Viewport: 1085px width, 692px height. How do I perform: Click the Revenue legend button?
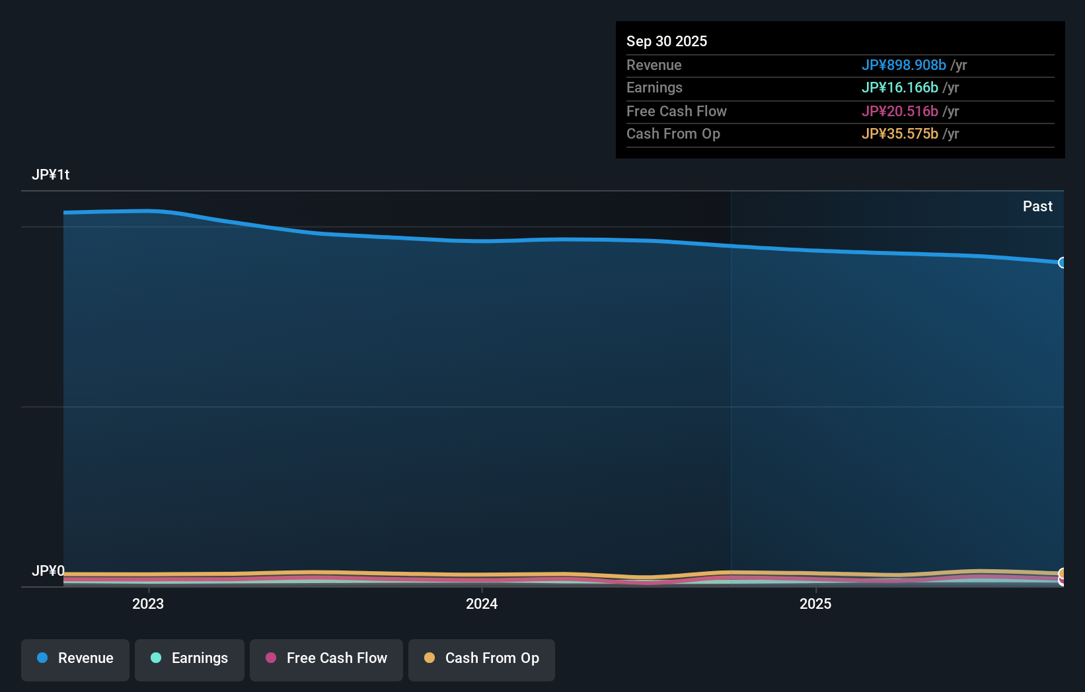point(75,659)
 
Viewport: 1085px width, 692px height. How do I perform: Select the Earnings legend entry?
point(190,659)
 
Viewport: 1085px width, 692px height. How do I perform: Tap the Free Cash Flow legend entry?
point(326,659)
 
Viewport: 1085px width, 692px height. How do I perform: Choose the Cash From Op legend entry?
point(482,659)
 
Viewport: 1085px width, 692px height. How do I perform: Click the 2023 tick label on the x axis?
point(148,604)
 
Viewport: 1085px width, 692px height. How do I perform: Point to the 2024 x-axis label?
point(482,604)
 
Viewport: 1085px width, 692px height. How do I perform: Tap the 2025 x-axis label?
point(815,604)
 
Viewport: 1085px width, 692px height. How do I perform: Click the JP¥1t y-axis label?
point(51,175)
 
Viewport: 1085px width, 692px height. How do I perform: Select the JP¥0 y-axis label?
point(48,571)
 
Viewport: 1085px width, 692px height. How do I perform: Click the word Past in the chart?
point(1037,207)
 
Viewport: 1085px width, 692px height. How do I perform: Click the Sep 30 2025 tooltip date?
point(667,42)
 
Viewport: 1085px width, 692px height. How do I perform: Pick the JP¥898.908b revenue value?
point(903,65)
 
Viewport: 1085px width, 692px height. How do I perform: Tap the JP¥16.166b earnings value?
point(899,88)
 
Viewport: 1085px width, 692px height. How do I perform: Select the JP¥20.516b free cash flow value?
point(899,112)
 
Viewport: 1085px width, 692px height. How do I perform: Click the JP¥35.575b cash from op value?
point(899,134)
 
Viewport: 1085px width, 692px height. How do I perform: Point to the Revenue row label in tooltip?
point(654,65)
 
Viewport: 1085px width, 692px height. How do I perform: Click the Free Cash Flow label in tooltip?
point(677,112)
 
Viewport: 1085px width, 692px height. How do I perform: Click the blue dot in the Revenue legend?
point(42,658)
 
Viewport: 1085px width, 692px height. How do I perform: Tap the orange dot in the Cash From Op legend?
point(430,658)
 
